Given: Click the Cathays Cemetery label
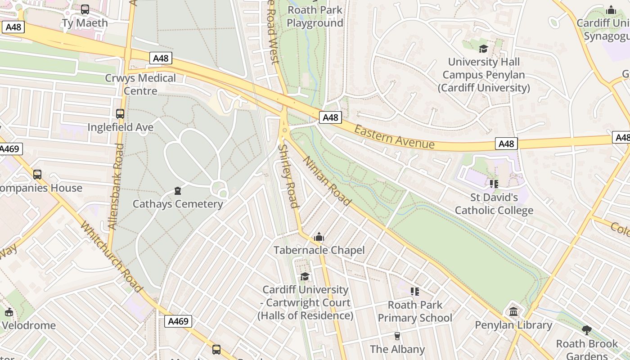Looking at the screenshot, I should coord(178,204).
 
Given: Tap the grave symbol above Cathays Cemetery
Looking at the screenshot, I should coord(178,191).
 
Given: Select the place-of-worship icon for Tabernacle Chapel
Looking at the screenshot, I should coord(319,237).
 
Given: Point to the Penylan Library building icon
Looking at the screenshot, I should coord(513,311).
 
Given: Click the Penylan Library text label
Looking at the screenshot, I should coord(513,325).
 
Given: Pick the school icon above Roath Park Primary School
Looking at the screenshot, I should coord(415,292).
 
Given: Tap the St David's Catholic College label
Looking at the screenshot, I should coord(494,204).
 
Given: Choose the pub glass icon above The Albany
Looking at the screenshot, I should coord(397,336).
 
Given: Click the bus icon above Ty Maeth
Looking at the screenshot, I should coord(85,9).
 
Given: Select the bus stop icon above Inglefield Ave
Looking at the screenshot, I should coord(120,114).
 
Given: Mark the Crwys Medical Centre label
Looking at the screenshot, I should coord(140,84).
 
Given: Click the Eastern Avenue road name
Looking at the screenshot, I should coord(394,137).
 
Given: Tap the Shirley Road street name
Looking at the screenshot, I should coord(288,176).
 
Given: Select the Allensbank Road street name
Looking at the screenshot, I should coord(117,186).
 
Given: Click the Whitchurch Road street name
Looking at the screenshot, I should coord(111,256).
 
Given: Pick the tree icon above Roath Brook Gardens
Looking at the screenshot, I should coord(587,331).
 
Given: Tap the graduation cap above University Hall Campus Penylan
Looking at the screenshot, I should coord(483,49).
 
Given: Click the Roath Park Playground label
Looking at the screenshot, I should coord(315,16).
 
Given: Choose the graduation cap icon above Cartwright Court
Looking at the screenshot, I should coord(305,276).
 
